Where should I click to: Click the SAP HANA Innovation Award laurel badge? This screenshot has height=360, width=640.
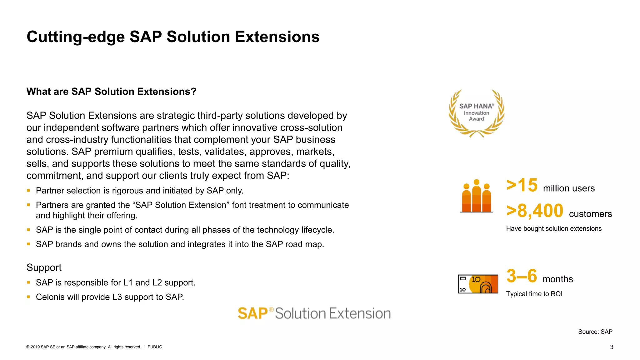(x=476, y=113)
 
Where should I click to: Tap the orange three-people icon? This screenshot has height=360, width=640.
(x=476, y=196)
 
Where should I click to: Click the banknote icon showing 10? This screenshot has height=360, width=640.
(x=478, y=284)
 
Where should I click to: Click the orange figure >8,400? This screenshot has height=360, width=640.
(x=535, y=211)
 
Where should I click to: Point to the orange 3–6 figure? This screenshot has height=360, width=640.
(x=522, y=276)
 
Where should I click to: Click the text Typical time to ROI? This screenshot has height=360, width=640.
(x=534, y=294)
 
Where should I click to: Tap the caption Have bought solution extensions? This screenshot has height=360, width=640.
(x=553, y=228)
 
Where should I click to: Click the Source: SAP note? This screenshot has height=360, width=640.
(x=595, y=332)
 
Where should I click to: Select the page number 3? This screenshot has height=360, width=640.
(x=612, y=347)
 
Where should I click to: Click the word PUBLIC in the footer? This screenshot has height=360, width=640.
(x=155, y=347)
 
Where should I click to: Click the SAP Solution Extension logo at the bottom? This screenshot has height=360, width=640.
(x=314, y=313)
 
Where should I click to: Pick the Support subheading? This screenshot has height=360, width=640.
(x=44, y=267)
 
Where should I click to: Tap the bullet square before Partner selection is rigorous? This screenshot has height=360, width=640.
(x=28, y=190)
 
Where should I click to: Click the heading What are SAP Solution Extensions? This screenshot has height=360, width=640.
(x=111, y=92)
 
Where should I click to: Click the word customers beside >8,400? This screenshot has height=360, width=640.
(x=590, y=214)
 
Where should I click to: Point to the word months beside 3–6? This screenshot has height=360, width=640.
(x=557, y=279)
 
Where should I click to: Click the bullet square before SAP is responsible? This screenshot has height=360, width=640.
(x=28, y=282)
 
